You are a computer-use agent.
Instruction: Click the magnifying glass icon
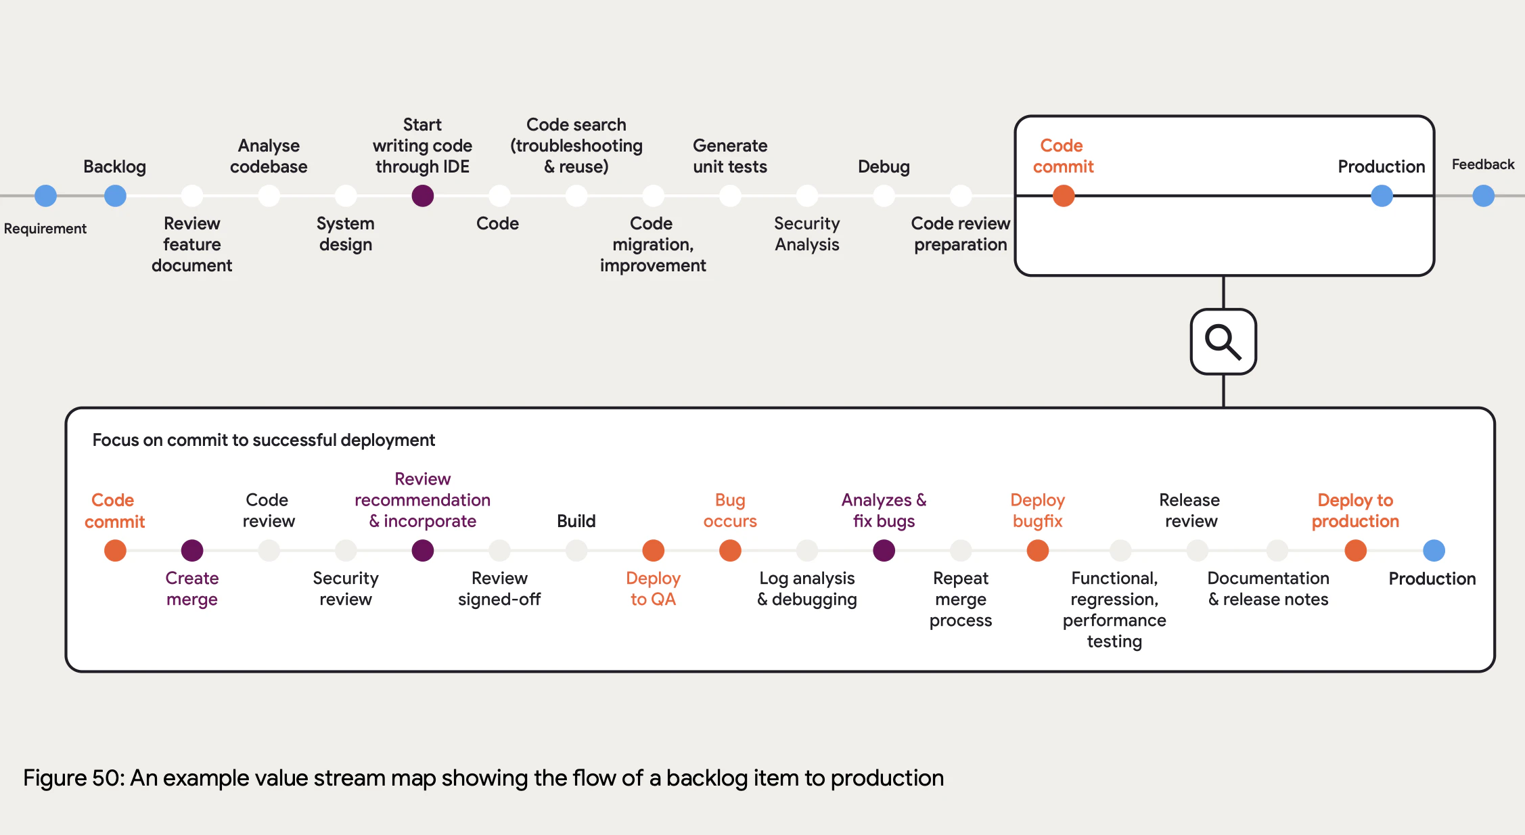(x=1223, y=342)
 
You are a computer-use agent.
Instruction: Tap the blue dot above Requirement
(x=45, y=196)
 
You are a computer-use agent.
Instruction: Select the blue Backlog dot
(x=115, y=196)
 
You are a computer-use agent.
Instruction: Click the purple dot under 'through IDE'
(x=422, y=196)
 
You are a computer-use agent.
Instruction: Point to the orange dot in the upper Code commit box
(x=1063, y=196)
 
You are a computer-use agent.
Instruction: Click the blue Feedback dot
(x=1483, y=196)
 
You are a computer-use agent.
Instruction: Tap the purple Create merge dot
(x=192, y=550)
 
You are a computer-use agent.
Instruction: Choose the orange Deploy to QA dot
(x=653, y=550)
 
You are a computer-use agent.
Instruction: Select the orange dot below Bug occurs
(x=730, y=550)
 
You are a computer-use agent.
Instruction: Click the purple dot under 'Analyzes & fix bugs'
(x=884, y=550)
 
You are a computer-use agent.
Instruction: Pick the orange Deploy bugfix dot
(x=1037, y=550)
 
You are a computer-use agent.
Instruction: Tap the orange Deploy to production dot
(x=1355, y=550)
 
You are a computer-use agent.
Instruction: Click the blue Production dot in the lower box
(x=1434, y=550)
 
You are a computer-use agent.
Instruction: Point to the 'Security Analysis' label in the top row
(x=806, y=234)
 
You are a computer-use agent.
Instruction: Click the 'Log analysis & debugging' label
(x=806, y=589)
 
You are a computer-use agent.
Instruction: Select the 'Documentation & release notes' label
(x=1268, y=589)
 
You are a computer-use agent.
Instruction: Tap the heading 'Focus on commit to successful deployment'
(x=263, y=440)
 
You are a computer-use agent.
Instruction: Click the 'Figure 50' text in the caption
(x=73, y=778)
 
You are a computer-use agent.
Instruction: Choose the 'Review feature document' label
(x=192, y=244)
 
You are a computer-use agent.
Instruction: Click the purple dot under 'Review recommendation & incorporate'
(x=422, y=550)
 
